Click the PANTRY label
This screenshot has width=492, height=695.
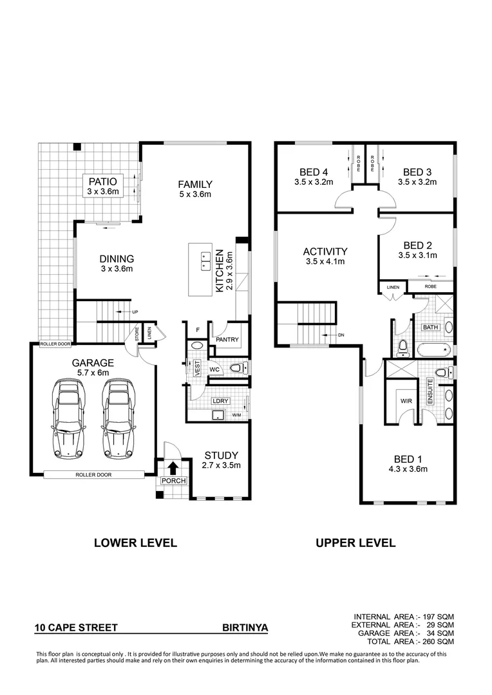coord(227,340)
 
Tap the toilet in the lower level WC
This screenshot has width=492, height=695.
coord(236,368)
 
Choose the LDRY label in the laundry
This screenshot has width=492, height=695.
coord(220,401)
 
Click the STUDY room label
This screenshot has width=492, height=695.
coord(222,454)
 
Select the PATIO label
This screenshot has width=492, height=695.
coord(102,181)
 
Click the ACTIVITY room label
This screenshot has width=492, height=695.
coord(325,252)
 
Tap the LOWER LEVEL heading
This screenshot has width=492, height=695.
coord(135,542)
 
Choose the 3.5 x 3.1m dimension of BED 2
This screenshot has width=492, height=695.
coord(417,255)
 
